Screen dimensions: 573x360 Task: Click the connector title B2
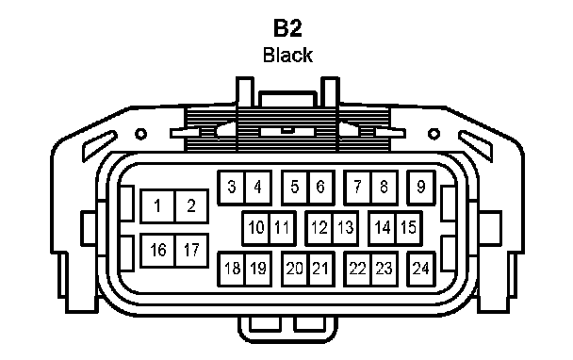pos(287,28)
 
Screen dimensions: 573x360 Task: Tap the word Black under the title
pos(287,55)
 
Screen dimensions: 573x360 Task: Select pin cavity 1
pos(158,206)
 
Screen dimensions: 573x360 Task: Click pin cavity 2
pos(192,206)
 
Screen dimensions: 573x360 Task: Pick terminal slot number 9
pos(421,188)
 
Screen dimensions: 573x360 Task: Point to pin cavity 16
pos(158,251)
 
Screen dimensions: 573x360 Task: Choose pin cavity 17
pos(192,251)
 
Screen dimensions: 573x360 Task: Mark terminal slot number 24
pos(421,269)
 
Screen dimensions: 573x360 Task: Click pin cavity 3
pos(231,188)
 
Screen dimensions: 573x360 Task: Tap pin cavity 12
pos(319,228)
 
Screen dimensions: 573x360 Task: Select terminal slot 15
pos(409,228)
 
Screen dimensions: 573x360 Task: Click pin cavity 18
pos(231,269)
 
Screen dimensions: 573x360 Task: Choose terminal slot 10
pos(255,228)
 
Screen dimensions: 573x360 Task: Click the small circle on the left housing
pos(140,134)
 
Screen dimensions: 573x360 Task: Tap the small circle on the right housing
pos(434,134)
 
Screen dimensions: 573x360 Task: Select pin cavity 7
pos(357,188)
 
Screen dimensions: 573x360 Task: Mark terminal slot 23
pos(385,269)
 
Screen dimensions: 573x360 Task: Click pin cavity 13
pos(346,228)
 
